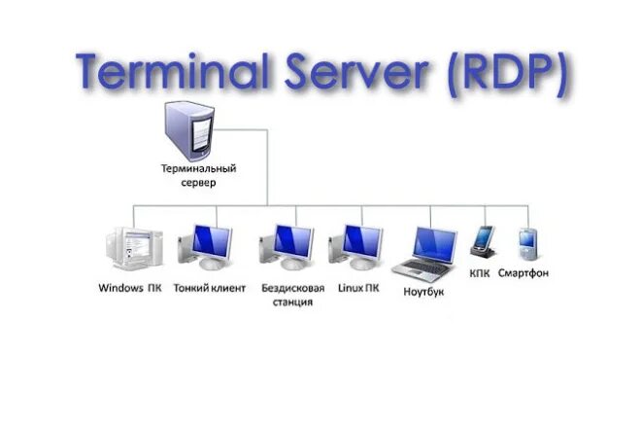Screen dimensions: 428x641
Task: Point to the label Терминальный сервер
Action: [199, 175]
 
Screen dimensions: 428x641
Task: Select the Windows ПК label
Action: [129, 288]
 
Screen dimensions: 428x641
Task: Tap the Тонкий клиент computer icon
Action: [206, 247]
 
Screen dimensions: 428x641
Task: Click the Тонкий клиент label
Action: [209, 288]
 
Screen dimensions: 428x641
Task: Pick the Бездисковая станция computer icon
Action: [287, 247]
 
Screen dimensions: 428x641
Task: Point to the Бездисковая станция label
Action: [287, 295]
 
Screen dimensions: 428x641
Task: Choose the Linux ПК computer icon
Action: [356, 247]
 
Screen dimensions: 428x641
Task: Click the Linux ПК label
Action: [358, 288]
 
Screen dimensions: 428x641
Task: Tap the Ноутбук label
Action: [423, 292]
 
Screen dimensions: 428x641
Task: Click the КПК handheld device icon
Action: [483, 242]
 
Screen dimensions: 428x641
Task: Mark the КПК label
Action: [480, 273]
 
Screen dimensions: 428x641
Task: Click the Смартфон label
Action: [523, 273]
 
